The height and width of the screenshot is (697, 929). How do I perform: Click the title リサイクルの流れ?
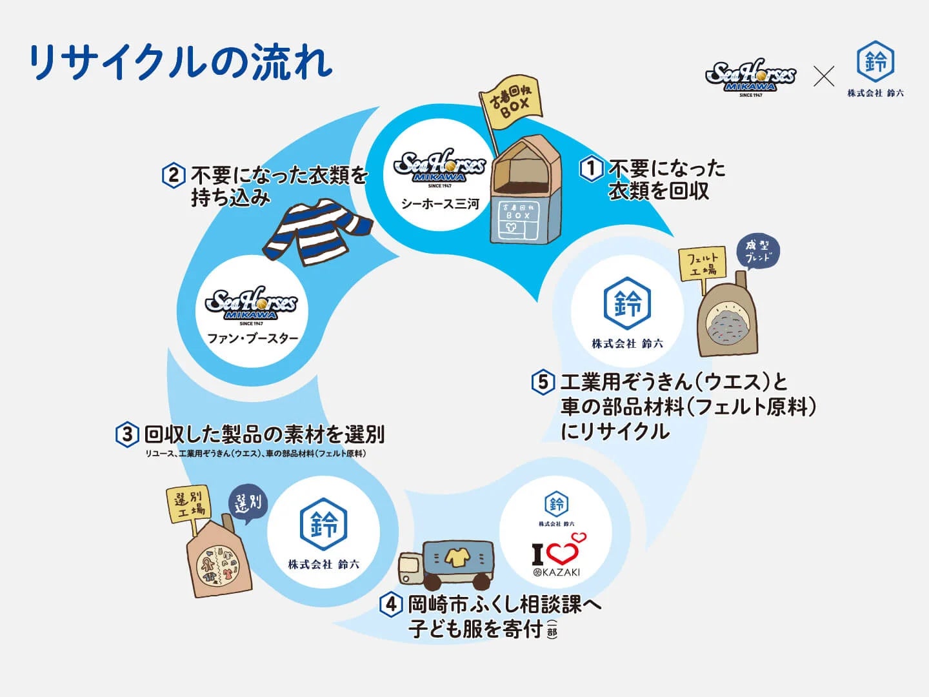tap(181, 63)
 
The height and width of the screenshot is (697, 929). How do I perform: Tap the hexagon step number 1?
tap(591, 169)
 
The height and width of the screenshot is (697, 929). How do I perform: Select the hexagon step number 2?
tap(173, 176)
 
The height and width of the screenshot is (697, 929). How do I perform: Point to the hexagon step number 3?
tap(127, 434)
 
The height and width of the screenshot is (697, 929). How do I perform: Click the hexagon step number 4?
tap(390, 605)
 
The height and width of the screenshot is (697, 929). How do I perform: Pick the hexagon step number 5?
tap(543, 382)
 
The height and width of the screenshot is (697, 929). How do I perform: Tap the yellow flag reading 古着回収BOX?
tap(510, 103)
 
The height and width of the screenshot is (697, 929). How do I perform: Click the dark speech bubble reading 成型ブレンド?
tap(758, 250)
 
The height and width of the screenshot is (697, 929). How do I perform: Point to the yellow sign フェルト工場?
tap(703, 263)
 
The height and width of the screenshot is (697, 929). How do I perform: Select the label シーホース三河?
tap(439, 205)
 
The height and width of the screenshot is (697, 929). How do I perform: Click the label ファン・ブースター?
tap(252, 338)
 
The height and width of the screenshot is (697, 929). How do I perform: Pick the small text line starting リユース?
tap(255, 454)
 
